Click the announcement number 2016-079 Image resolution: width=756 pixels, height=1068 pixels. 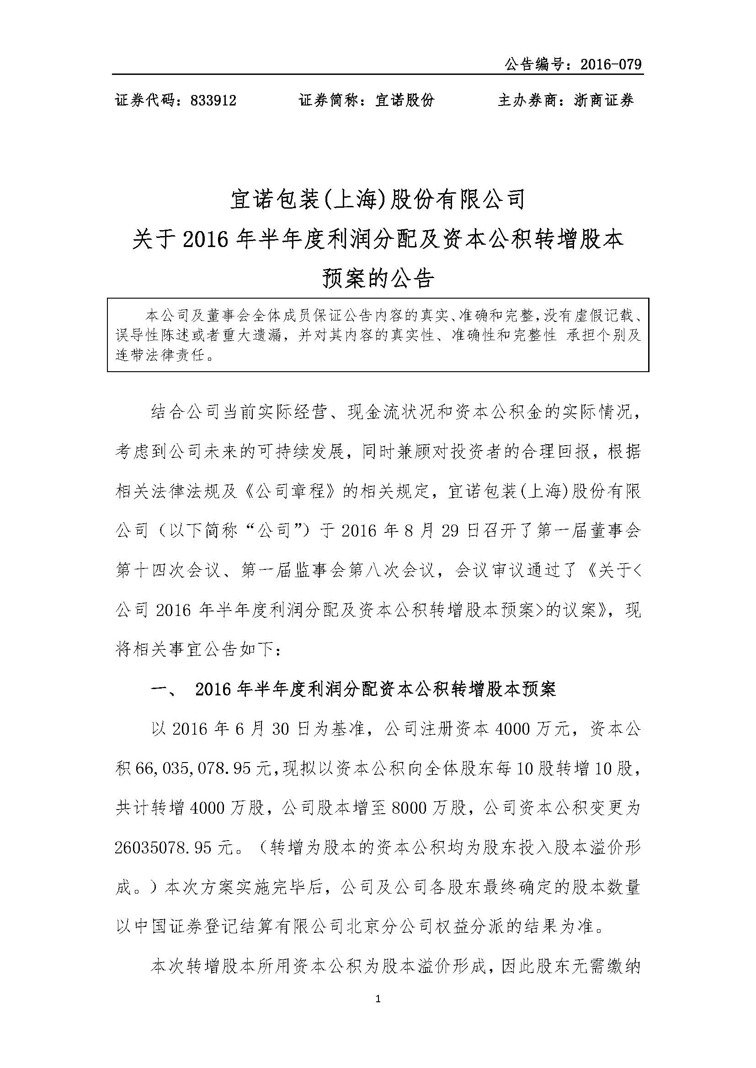pos(611,64)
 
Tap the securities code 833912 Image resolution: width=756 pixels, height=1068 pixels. pos(213,100)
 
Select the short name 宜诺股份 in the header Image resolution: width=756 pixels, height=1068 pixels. pos(405,100)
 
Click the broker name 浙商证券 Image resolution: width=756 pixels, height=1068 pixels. pos(604,100)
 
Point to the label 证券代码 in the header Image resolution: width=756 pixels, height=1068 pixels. pos(144,100)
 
